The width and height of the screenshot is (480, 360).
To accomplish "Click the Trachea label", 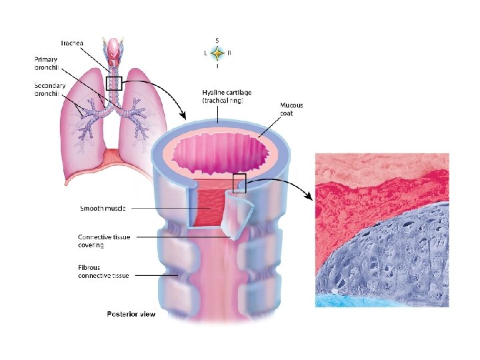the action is pos(71,43).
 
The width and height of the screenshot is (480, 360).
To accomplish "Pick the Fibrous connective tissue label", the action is pos(103,271).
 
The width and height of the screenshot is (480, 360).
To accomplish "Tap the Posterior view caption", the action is pos(131,314).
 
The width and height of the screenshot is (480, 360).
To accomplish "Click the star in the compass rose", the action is pos(218,52).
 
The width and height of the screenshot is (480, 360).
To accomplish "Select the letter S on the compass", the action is pos(218,39).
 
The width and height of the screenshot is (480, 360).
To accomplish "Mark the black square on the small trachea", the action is pos(114,83).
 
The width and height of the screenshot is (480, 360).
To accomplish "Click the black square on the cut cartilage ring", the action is pos(239,183).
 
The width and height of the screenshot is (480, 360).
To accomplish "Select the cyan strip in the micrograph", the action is pos(380,301).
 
